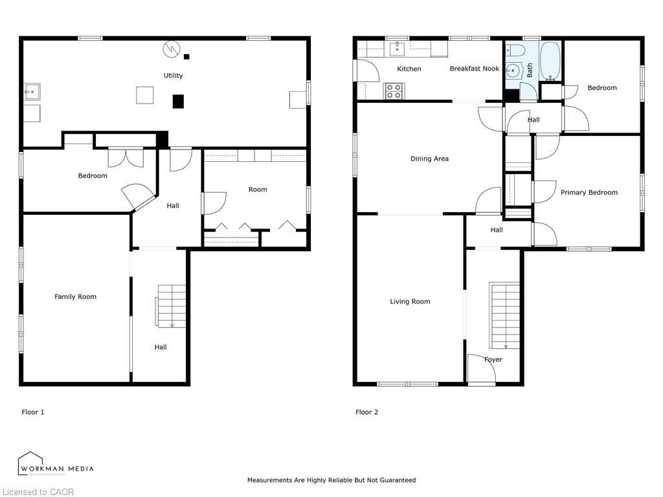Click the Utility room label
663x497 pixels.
click(x=173, y=76)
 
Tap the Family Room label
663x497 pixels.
click(x=75, y=297)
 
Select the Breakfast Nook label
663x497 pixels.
click(x=474, y=69)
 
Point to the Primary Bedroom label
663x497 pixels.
click(x=589, y=192)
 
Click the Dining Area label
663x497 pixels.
click(x=429, y=159)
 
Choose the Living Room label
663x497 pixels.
click(x=410, y=302)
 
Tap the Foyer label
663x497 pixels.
click(x=493, y=360)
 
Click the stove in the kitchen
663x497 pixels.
click(x=394, y=91)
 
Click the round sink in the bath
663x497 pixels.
click(x=514, y=70)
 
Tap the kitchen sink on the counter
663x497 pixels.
click(x=397, y=49)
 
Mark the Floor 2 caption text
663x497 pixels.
click(x=366, y=412)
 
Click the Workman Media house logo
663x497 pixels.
click(x=30, y=463)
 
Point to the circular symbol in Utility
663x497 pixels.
click(x=170, y=49)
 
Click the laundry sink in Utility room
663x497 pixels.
click(x=31, y=93)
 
